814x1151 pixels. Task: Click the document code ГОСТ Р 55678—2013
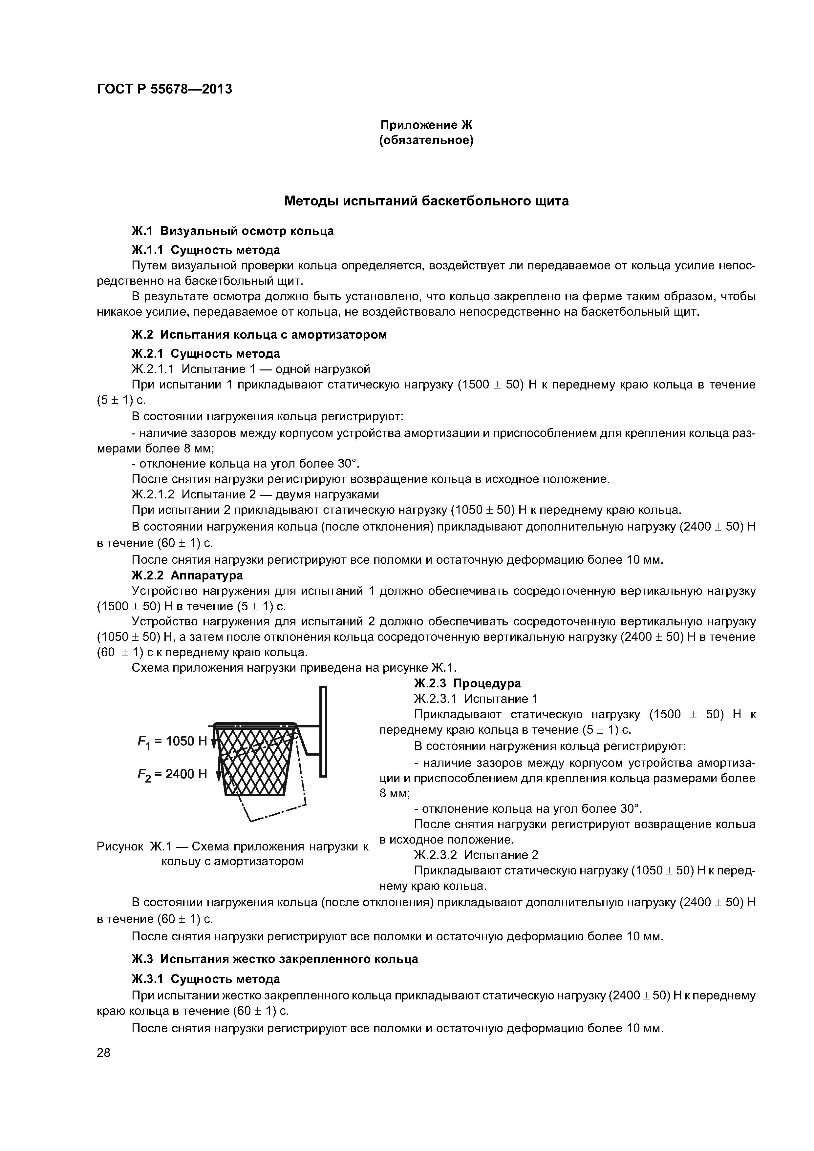pyautogui.click(x=164, y=89)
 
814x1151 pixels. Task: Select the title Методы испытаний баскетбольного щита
pyautogui.click(x=426, y=201)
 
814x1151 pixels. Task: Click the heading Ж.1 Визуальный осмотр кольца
pyautogui.click(x=232, y=231)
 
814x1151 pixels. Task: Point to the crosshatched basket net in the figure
pyautogui.click(x=256, y=762)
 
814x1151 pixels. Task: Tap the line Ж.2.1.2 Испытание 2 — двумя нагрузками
pyautogui.click(x=255, y=494)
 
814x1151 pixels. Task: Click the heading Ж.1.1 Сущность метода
pyautogui.click(x=205, y=250)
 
